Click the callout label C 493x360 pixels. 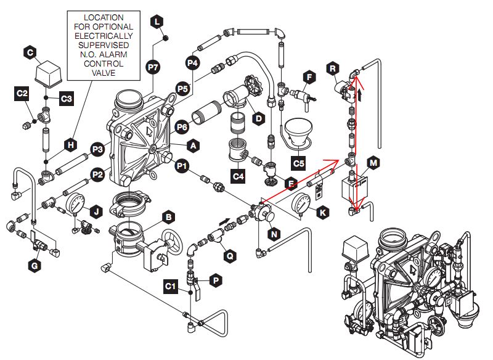(30, 53)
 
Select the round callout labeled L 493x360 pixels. (157, 22)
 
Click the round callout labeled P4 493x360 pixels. (192, 63)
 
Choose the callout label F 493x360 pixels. (310, 77)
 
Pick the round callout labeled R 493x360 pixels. (333, 69)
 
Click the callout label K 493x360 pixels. (323, 212)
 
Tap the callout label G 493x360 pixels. (34, 266)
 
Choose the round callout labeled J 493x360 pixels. (94, 211)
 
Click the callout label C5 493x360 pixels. (298, 163)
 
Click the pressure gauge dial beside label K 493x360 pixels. (302, 203)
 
